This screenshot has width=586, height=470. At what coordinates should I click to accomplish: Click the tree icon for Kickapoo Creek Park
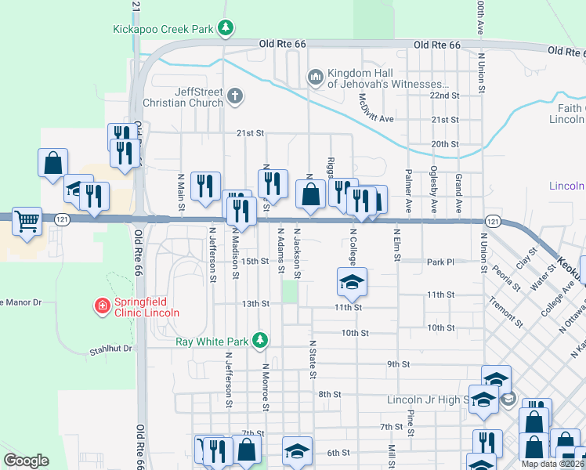pyautogui.click(x=226, y=29)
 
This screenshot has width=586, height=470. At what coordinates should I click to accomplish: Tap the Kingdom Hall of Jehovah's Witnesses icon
pyautogui.click(x=315, y=77)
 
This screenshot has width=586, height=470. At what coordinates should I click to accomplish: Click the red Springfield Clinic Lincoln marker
pyautogui.click(x=101, y=306)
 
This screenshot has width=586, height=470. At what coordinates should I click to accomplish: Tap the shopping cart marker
pyautogui.click(x=27, y=221)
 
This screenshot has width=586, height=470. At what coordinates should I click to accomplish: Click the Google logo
pyautogui.click(x=26, y=461)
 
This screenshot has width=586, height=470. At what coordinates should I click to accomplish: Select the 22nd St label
pyautogui.click(x=443, y=95)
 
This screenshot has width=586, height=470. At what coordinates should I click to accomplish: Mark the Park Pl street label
pyautogui.click(x=440, y=262)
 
